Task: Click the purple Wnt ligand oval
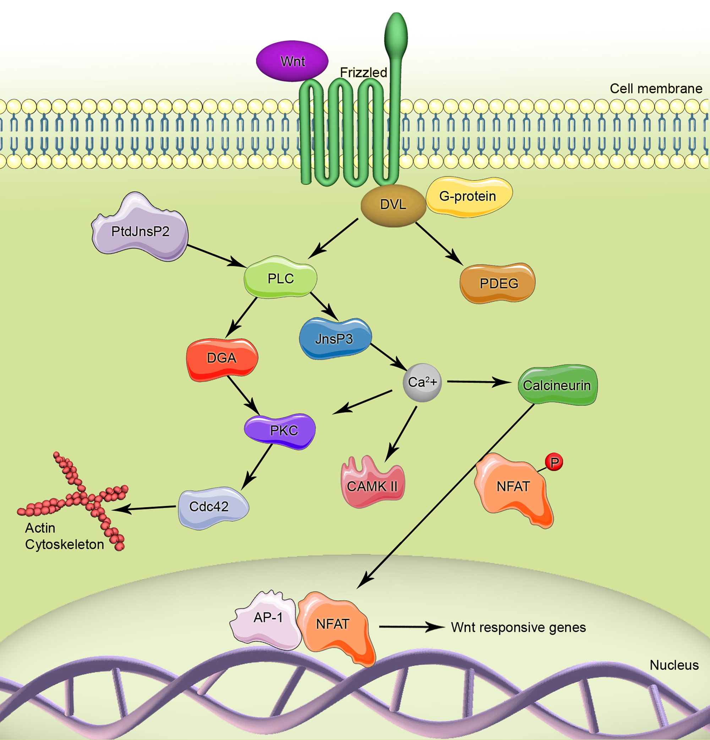292,61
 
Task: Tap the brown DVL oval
393,205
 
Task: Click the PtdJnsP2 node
140,231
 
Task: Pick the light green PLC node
281,279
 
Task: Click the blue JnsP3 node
334,339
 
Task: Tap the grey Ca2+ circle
422,383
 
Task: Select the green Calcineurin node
557,385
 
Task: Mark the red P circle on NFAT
554,463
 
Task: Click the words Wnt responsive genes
518,627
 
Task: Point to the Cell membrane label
656,89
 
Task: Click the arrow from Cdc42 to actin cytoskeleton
145,508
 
